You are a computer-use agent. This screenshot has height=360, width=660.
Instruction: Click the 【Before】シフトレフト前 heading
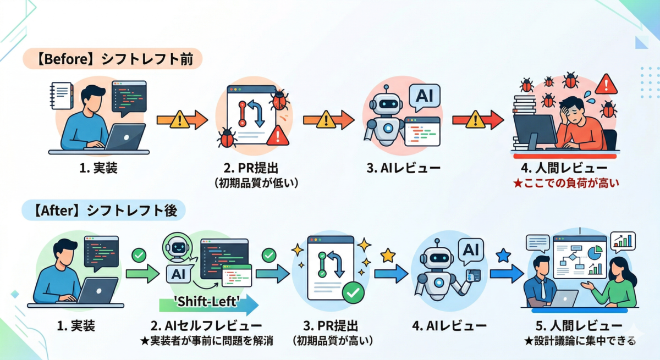[113, 59]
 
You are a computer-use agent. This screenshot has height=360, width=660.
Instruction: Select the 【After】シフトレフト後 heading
[104, 210]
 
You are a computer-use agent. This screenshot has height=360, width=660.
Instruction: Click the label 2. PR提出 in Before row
[251, 168]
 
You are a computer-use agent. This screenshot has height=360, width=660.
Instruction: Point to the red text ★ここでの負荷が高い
[566, 183]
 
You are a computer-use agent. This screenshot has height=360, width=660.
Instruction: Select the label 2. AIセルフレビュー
[206, 325]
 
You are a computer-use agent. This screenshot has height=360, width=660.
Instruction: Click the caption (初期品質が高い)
[333, 341]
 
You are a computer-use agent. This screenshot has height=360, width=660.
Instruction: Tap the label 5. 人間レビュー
[579, 325]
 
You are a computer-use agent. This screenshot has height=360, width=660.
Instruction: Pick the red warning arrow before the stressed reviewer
[477, 120]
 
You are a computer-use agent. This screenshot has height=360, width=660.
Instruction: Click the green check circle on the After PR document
[353, 292]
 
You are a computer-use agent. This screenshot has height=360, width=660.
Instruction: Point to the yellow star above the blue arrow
[388, 256]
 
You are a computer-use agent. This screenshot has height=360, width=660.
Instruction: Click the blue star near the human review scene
[503, 256]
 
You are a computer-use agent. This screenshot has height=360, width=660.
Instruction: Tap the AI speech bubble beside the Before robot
[424, 97]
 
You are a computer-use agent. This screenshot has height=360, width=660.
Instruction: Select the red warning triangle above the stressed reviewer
[606, 85]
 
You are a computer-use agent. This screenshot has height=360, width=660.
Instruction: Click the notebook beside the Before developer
[61, 96]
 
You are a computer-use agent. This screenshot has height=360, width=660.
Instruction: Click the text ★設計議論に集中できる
[580, 341]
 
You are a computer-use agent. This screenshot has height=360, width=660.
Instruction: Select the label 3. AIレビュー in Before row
[403, 168]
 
